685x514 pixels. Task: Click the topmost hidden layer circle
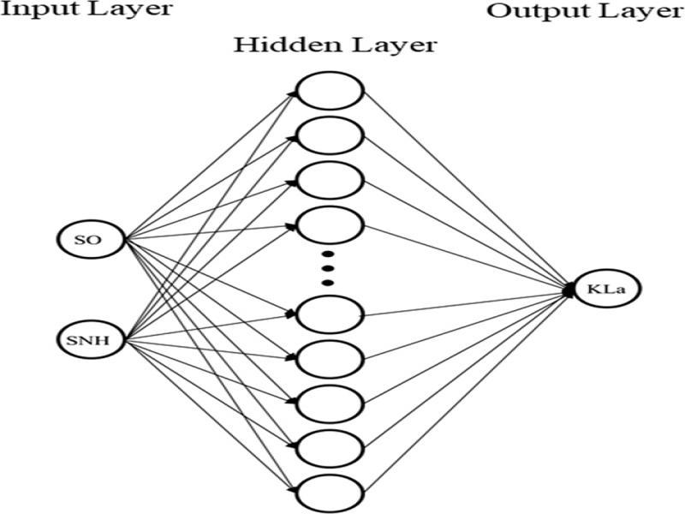tap(330, 89)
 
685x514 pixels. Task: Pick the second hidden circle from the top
tap(330, 134)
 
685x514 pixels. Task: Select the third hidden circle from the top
tap(330, 179)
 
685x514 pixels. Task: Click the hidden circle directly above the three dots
tap(330, 225)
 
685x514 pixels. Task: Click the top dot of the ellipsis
tap(327, 254)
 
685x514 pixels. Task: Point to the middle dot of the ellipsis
tap(327, 267)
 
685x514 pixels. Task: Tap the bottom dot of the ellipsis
tap(327, 282)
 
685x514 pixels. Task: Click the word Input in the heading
tap(35, 10)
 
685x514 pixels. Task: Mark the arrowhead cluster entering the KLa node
tap(568, 290)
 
